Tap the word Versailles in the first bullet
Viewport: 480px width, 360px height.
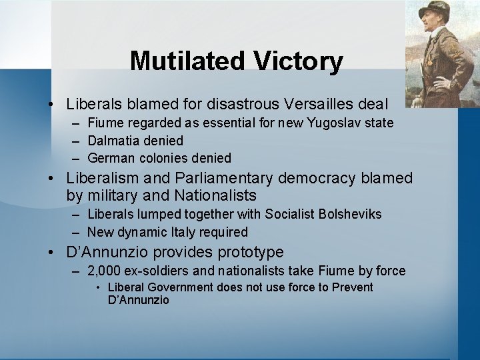pos(313,104)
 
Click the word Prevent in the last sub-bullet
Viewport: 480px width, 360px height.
pos(350,287)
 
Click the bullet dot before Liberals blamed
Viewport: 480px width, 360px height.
pos(51,105)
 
